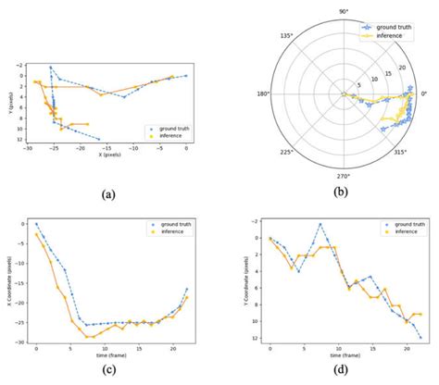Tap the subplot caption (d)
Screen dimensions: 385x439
click(343, 378)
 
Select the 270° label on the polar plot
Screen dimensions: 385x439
click(343, 175)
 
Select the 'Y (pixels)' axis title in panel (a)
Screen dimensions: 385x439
click(8, 103)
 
